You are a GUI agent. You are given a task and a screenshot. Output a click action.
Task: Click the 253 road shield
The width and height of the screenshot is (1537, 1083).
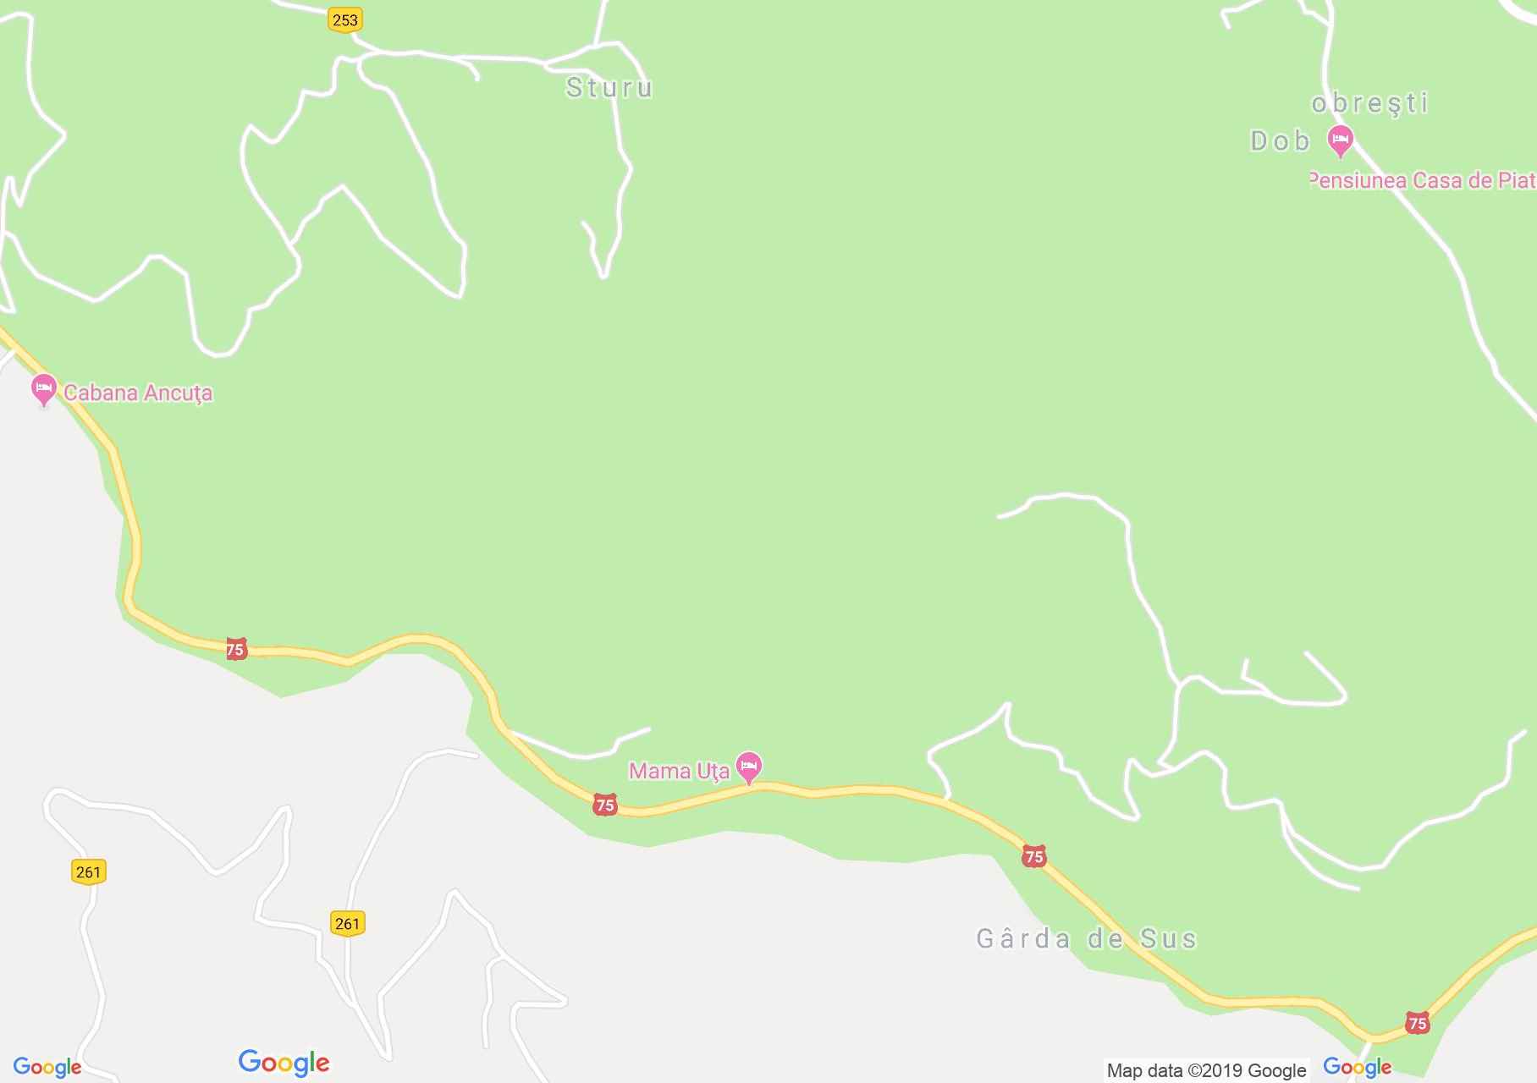pos(344,19)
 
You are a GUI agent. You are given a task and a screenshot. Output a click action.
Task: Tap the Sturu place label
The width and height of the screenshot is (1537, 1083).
pos(609,88)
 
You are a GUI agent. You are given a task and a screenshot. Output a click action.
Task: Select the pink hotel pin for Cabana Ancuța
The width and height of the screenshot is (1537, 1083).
pos(43,389)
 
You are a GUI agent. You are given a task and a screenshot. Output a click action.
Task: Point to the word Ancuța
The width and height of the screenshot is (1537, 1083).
pos(178,393)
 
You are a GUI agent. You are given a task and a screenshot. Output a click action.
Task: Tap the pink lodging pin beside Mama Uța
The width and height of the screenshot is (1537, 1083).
pos(748,767)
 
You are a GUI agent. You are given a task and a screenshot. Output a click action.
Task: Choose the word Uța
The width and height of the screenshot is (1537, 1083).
pos(714,772)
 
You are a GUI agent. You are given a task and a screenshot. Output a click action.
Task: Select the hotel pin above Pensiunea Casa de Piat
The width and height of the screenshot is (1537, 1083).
pos(1340,139)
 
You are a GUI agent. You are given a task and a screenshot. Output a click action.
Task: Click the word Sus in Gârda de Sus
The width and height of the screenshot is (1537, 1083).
pos(1169,938)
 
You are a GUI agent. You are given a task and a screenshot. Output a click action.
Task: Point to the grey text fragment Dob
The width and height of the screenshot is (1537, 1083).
pos(1280,140)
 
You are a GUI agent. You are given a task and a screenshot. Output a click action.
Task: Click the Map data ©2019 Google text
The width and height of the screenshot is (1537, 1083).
pos(1206,1070)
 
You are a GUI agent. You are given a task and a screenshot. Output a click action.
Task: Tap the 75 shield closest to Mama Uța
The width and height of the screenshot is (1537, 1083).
pos(604,805)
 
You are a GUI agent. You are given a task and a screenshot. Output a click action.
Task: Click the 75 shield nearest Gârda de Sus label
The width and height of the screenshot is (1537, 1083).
pos(1033,856)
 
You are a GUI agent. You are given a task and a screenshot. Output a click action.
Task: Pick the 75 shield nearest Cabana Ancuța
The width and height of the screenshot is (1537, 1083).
pos(235,649)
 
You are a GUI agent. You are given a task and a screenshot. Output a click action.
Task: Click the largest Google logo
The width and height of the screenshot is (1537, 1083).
pos(284,1063)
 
